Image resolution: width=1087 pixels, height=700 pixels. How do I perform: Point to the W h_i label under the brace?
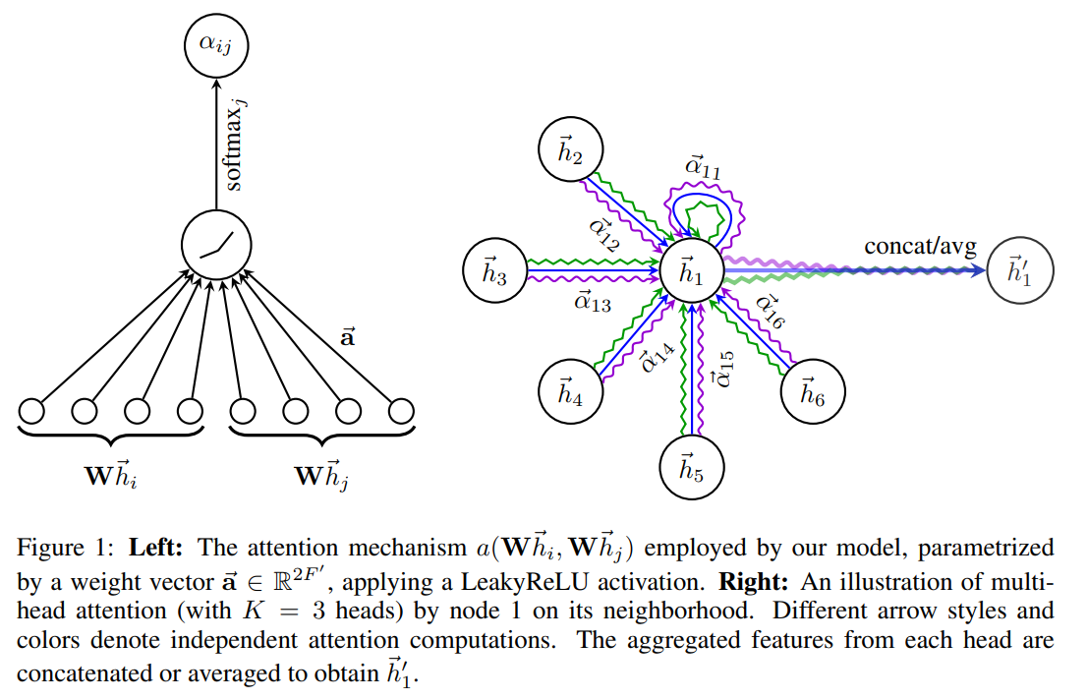pos(109,477)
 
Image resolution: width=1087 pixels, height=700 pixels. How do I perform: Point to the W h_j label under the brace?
pos(321,477)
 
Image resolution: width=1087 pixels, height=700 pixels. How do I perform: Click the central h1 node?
pos(692,269)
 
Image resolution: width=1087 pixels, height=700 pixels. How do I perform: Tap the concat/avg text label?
pos(920,246)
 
